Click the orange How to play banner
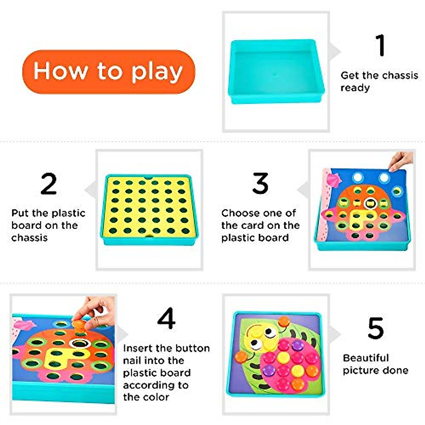108,72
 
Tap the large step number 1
380,45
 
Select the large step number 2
49,183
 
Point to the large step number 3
260,183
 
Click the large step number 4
166,318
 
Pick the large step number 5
375,328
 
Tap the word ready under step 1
355,88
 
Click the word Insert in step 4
138,348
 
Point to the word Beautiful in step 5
366,358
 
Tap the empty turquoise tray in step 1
276,71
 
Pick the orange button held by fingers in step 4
79,323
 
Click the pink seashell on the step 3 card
333,179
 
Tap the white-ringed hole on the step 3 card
370,203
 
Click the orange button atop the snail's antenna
283,322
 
